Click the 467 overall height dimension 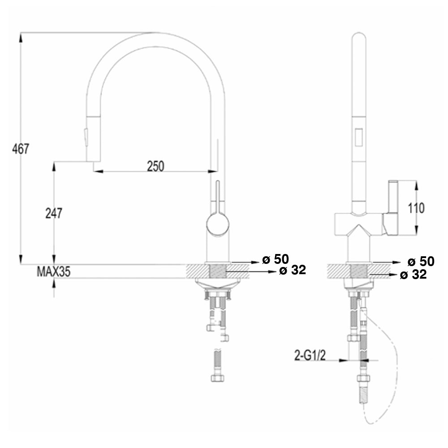(21, 148)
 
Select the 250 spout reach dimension (155, 166)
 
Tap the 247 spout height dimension (54, 213)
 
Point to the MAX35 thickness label (53, 271)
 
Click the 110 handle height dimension (416, 207)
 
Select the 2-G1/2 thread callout (310, 356)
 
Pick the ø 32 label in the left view (292, 270)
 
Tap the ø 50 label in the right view (421, 262)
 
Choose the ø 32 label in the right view (413, 275)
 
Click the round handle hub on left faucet (217, 224)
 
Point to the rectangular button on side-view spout (358, 136)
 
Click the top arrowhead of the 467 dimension (21, 36)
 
